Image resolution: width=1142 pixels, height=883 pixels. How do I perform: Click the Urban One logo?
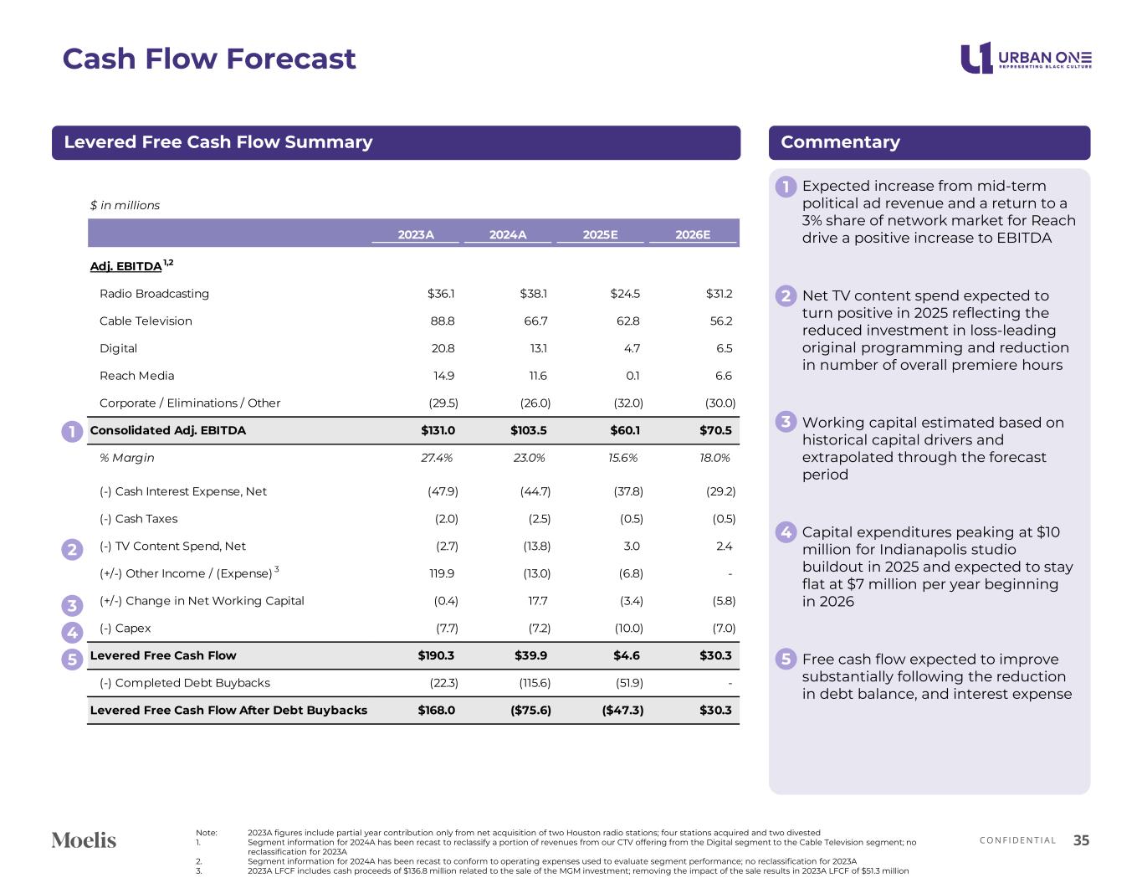click(x=1026, y=58)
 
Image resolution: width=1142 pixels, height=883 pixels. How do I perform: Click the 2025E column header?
click(x=600, y=234)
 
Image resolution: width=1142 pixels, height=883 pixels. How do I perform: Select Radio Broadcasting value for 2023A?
click(x=440, y=294)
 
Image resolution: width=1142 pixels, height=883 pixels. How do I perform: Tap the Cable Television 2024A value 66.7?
click(x=535, y=321)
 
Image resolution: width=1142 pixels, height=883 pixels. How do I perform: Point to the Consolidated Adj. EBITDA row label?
click(x=167, y=430)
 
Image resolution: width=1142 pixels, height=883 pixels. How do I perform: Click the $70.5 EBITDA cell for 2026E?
click(x=715, y=430)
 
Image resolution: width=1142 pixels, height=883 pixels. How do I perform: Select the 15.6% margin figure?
click(x=622, y=458)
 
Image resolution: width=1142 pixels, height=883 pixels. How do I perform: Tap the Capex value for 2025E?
click(x=628, y=629)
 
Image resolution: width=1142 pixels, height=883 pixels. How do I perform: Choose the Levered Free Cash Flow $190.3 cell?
click(x=436, y=655)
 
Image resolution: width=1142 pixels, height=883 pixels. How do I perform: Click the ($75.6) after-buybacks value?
click(x=530, y=710)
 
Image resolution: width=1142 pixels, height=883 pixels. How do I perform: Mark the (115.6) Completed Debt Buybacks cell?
click(x=535, y=683)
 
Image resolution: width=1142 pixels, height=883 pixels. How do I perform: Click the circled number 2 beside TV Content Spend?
click(x=72, y=549)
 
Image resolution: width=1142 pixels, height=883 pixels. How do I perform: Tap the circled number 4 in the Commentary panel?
click(x=786, y=532)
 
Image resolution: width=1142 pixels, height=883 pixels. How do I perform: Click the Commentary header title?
click(x=840, y=142)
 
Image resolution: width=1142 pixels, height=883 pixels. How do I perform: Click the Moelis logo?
click(x=84, y=840)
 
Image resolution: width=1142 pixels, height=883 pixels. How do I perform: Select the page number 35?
click(x=1081, y=840)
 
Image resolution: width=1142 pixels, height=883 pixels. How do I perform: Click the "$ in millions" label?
click(x=125, y=205)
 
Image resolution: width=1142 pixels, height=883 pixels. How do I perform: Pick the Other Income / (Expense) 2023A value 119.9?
click(x=442, y=573)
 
